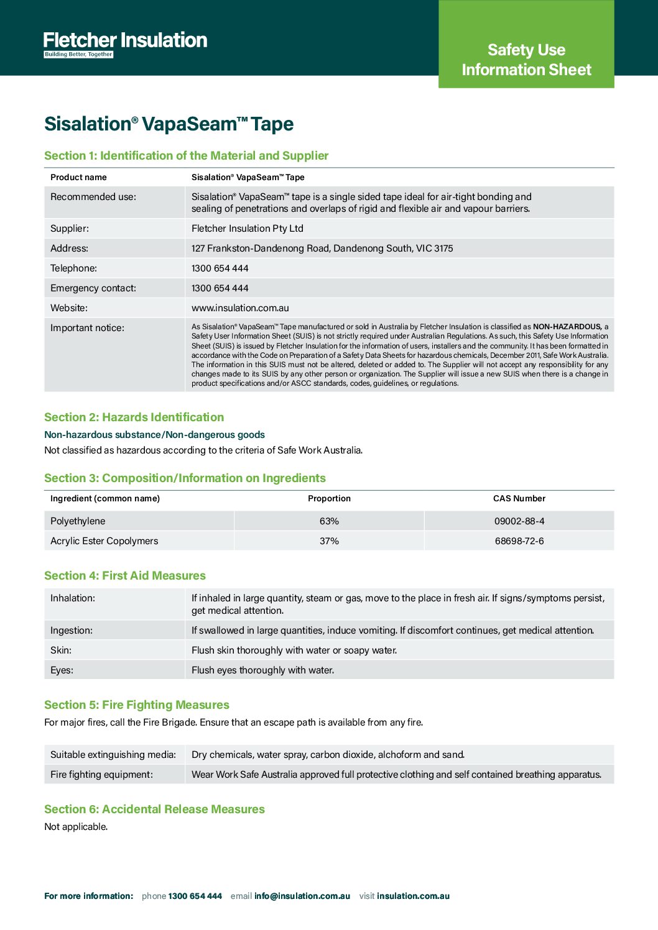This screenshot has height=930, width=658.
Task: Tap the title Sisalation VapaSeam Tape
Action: (x=169, y=124)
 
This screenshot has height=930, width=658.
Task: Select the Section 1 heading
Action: (x=186, y=156)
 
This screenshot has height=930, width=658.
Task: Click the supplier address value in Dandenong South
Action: (x=322, y=248)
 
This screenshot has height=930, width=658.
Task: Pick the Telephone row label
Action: (x=73, y=268)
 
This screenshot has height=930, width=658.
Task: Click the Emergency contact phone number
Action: (x=220, y=288)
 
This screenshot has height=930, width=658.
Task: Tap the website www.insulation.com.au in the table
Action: (x=240, y=308)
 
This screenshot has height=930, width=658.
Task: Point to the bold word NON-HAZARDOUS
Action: (x=567, y=327)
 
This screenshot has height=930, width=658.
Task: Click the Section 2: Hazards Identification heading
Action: (x=134, y=417)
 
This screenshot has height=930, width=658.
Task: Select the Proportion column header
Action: (x=329, y=499)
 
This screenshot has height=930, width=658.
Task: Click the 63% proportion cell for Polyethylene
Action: (x=329, y=521)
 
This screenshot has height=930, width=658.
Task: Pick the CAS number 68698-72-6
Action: (x=519, y=541)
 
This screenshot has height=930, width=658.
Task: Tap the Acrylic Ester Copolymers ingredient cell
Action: (x=104, y=541)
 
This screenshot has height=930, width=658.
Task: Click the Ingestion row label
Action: (x=72, y=631)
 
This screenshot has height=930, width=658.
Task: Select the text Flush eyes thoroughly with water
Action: (x=262, y=670)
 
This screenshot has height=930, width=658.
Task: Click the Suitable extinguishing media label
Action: (x=113, y=755)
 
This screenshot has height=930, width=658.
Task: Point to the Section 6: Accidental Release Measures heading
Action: (x=154, y=809)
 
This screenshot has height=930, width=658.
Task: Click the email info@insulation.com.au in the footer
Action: (x=302, y=896)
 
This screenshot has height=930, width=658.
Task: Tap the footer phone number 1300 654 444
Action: (x=195, y=896)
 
